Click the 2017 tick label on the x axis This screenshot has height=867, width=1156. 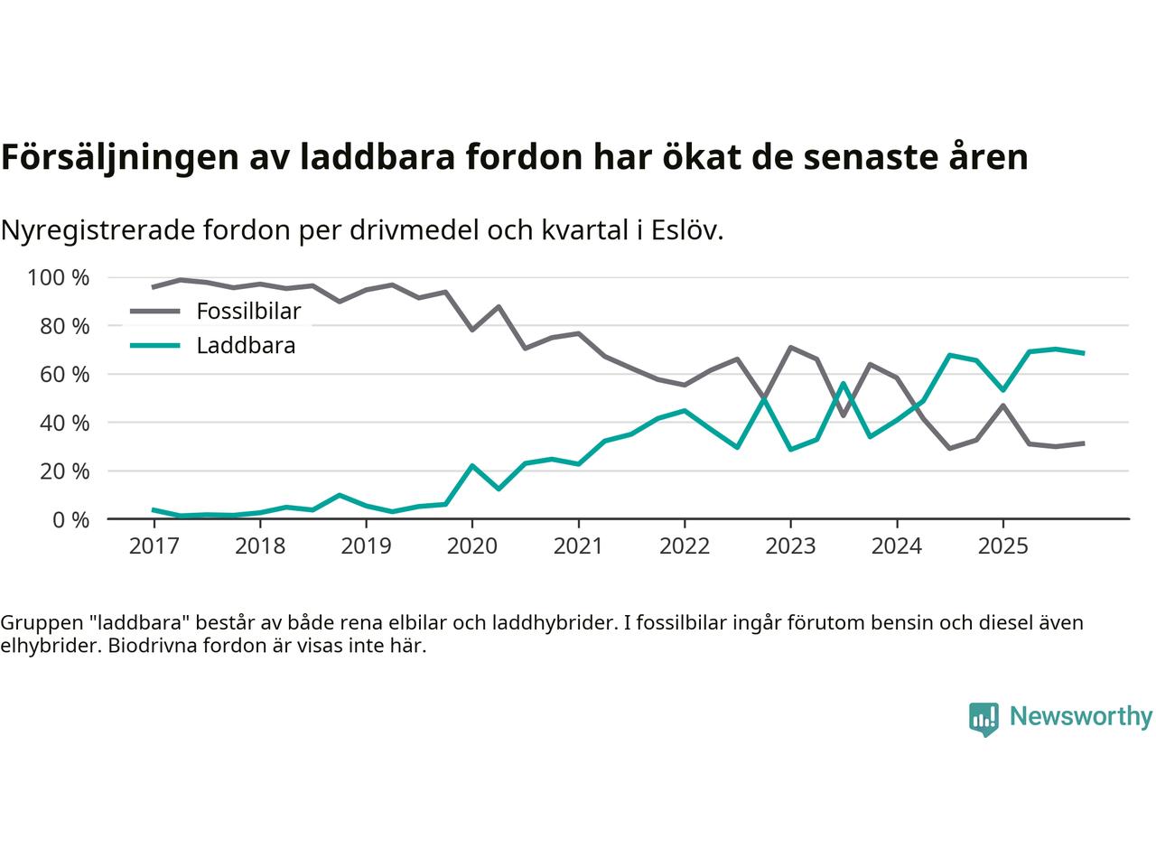[154, 546]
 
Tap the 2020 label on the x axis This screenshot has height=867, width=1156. [472, 546]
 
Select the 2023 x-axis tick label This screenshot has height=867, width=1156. [790, 546]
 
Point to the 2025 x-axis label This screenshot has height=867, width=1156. [1002, 546]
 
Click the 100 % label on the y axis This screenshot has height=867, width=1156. [59, 277]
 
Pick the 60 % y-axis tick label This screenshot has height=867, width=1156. [63, 374]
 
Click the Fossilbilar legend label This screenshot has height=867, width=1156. [248, 312]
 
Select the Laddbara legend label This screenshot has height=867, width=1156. [246, 345]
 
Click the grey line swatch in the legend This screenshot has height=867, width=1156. [155, 312]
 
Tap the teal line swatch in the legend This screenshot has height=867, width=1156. [155, 345]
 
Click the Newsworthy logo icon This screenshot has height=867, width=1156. [984, 719]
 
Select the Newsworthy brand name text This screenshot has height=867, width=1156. [1080, 717]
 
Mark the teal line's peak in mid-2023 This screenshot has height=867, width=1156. [843, 383]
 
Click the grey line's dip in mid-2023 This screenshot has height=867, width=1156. [843, 415]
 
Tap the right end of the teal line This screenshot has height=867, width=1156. [1083, 353]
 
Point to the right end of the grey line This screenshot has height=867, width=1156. [1083, 443]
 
